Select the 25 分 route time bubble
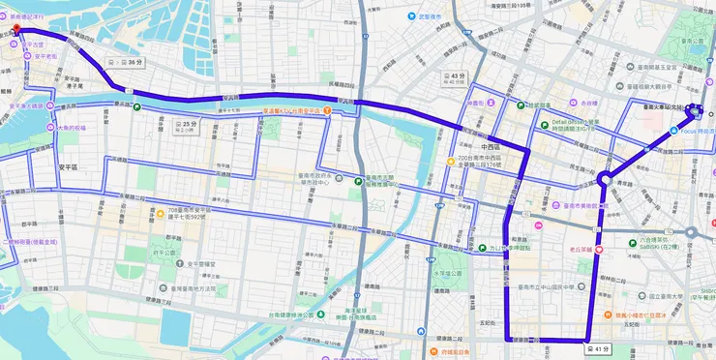click(x=184, y=125)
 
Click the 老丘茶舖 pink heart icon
click(x=600, y=249)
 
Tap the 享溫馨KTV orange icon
click(x=328, y=112)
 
